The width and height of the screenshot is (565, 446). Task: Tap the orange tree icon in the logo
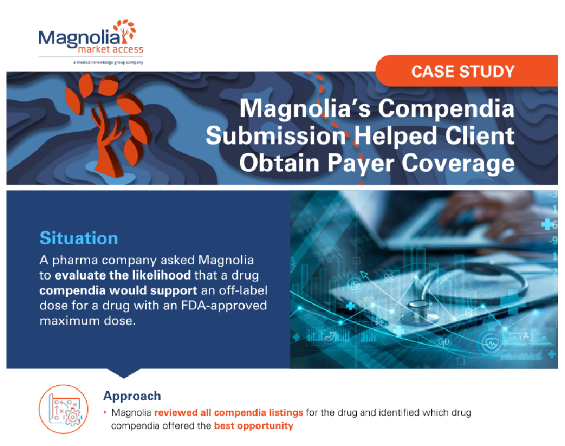tap(125, 28)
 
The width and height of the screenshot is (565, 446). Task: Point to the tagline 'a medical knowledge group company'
tap(107, 62)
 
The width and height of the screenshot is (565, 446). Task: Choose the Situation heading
tap(78, 238)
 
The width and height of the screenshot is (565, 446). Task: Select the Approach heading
tap(132, 396)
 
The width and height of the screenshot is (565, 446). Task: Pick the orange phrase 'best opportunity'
tap(253, 426)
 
